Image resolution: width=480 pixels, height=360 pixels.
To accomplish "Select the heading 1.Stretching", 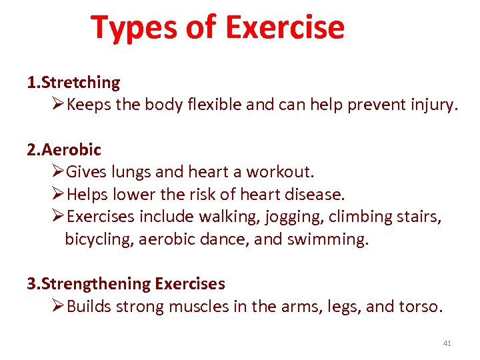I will click(x=73, y=83).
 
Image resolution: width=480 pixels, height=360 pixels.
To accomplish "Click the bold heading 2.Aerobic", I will click(x=64, y=150).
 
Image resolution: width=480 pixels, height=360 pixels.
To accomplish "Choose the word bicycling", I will click(x=99, y=239).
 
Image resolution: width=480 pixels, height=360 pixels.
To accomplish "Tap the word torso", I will click(x=420, y=306).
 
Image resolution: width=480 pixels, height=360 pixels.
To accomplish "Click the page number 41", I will click(x=447, y=343).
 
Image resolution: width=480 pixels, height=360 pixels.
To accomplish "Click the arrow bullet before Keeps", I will click(x=58, y=105).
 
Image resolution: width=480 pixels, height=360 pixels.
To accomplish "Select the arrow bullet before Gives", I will click(x=58, y=172).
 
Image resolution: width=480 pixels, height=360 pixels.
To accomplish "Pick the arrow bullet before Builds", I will click(x=58, y=306).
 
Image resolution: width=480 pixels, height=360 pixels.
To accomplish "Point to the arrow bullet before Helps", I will click(x=58, y=195).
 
